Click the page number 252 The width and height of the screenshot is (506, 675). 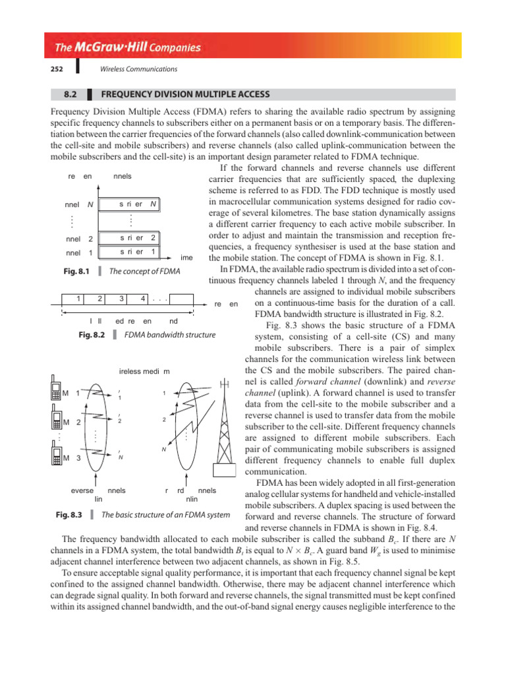56,69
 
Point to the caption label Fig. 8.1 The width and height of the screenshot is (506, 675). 75,271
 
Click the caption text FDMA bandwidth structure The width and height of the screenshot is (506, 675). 175,335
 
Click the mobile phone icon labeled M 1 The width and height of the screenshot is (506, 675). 55,394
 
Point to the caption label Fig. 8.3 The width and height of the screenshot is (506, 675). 67,515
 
